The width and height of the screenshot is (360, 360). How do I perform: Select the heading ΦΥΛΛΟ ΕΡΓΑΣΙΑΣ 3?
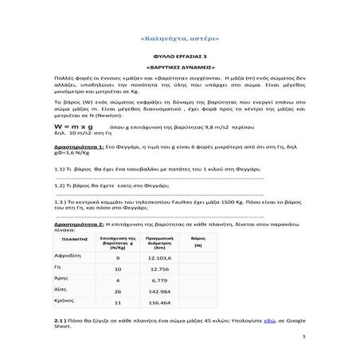tap(179, 58)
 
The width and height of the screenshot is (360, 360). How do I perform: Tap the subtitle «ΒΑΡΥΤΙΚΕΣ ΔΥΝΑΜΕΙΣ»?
tap(179, 69)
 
